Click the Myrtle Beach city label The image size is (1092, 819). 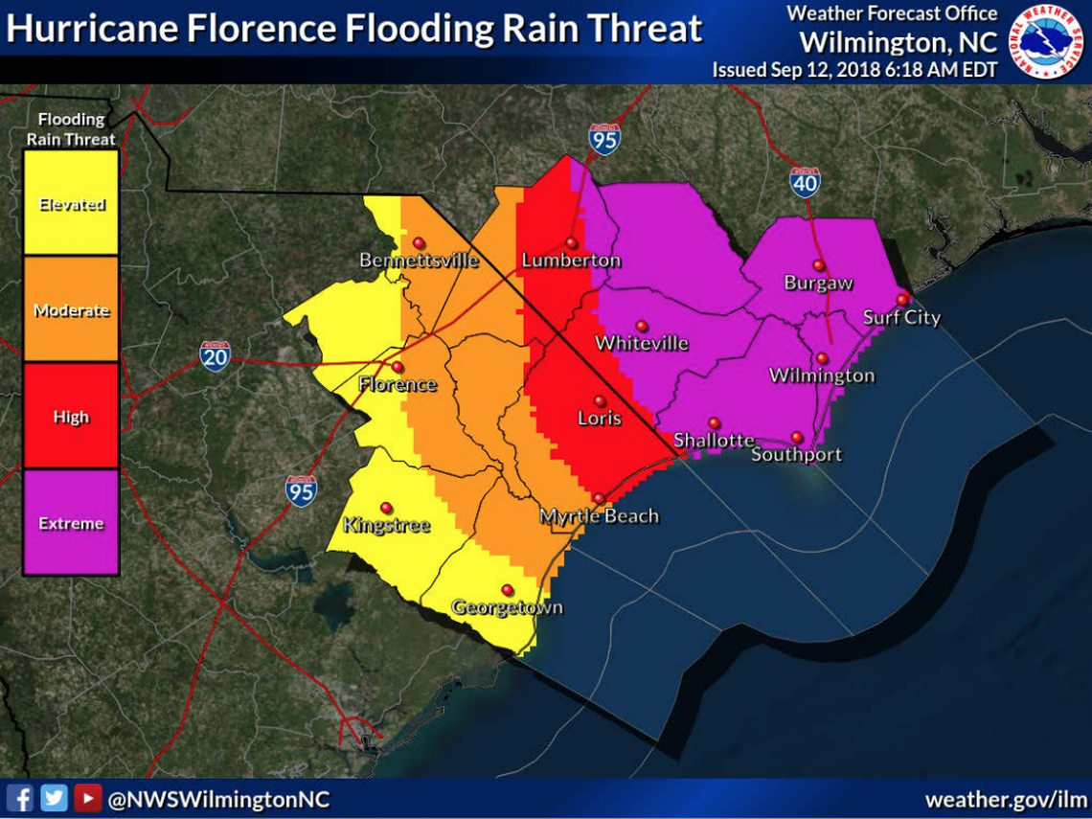pos(599,516)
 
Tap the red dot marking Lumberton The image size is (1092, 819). pos(571,243)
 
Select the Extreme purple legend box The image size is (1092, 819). pos(71,522)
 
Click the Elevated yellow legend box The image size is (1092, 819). pos(71,203)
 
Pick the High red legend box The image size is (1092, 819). pos(71,416)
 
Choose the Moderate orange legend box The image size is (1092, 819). pos(71,309)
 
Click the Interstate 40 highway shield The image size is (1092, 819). pos(805,182)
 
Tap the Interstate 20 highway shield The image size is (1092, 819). pos(215,355)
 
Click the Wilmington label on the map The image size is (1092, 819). pos(822,375)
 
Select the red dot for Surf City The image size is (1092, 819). pos(901,300)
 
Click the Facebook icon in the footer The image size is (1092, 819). pos(19,799)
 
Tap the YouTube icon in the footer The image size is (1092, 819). pos(88,799)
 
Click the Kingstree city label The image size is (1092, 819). pos(386,525)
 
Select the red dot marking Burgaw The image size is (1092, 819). pos(818,265)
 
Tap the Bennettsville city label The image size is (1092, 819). pos(419,261)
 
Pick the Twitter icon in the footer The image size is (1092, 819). pos(54,799)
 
